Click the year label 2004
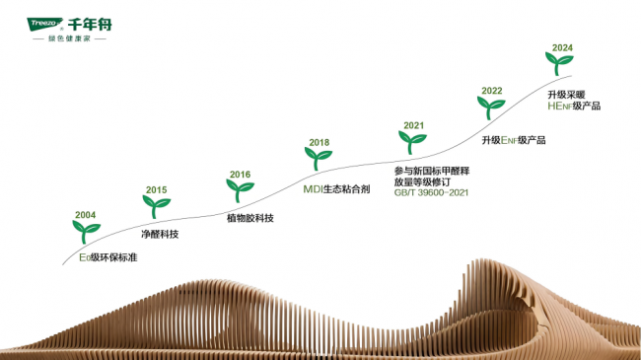click(85, 215)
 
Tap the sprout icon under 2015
click(156, 206)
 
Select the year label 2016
click(240, 175)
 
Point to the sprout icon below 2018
click(319, 159)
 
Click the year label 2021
click(414, 125)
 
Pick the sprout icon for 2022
click(491, 108)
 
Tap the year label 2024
click(562, 48)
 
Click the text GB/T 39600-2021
click(431, 192)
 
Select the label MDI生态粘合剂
click(336, 189)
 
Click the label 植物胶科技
click(250, 218)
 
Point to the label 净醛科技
click(160, 234)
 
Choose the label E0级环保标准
click(107, 257)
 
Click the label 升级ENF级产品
click(514, 140)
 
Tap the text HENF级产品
click(574, 106)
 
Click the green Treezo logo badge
click(44, 24)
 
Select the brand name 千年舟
click(90, 25)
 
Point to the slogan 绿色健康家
click(69, 38)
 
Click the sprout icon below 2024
click(559, 63)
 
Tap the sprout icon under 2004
click(86, 232)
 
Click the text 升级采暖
click(566, 95)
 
